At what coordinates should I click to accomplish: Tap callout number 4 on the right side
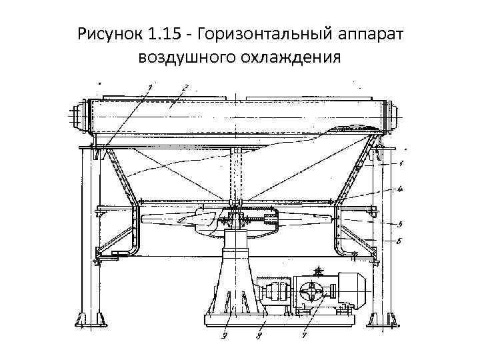400,189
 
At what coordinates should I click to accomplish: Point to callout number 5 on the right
399,224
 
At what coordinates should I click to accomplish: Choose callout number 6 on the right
399,241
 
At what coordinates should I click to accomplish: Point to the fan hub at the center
235,215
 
